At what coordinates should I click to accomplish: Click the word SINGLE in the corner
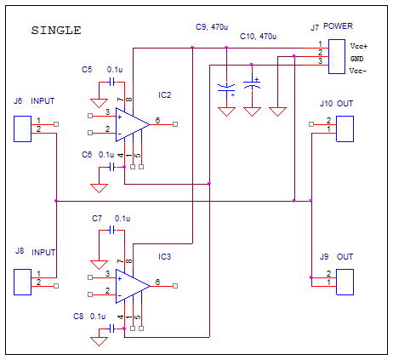[56, 31]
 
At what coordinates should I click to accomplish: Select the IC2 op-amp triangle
[133, 124]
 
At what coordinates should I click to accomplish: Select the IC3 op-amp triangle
[133, 286]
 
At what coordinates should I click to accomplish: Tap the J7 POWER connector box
[337, 57]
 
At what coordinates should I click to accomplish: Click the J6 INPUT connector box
[22, 129]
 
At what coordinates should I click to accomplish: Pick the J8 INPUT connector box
[22, 282]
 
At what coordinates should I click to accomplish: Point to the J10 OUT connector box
[345, 129]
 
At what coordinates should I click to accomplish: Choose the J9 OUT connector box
[345, 282]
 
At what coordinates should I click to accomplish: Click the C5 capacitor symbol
[112, 83]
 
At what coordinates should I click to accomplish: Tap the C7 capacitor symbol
[112, 230]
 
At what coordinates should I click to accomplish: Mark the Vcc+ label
[359, 46]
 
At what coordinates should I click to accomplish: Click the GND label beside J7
[356, 59]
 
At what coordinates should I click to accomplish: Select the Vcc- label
[358, 71]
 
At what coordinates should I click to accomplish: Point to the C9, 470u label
[212, 27]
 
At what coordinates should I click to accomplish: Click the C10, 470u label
[258, 37]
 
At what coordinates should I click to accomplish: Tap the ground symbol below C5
[99, 103]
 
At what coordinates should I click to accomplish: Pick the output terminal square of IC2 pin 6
[175, 124]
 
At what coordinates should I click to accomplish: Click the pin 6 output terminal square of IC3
[175, 286]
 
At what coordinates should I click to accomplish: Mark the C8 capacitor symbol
[112, 329]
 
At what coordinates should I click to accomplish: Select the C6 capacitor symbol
[112, 167]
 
